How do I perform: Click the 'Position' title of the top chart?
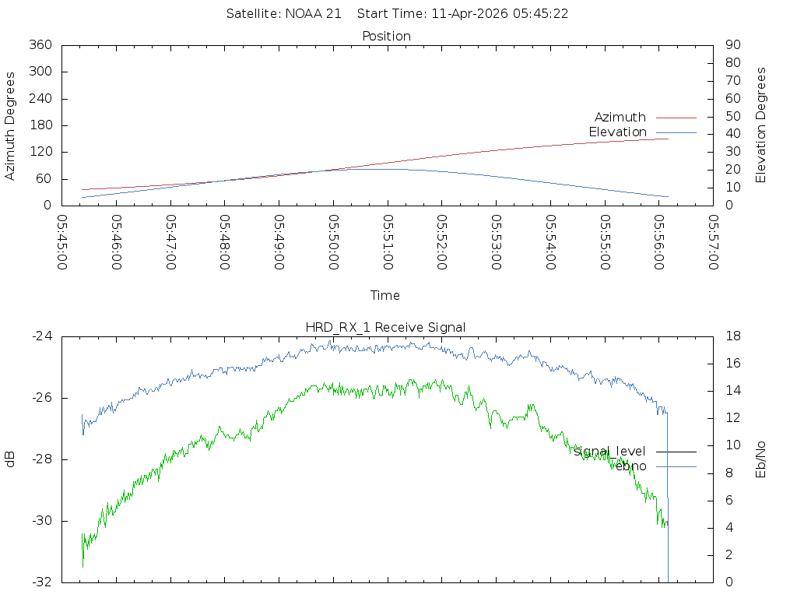pos(386,37)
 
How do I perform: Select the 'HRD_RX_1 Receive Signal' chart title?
pos(387,327)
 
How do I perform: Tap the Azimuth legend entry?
pos(620,118)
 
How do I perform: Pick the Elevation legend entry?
pos(617,132)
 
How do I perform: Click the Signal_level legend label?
pos(609,452)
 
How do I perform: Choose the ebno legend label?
pos(629,466)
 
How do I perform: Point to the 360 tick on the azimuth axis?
pos(40,45)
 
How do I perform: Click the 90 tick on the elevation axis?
pos(732,45)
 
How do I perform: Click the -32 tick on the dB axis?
pos(40,582)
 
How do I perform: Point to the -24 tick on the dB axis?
pos(40,336)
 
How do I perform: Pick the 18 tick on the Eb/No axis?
pos(732,336)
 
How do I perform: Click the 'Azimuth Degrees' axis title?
pos(11,126)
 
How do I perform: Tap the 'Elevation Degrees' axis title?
pos(761,125)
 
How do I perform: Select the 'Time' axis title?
pos(385,296)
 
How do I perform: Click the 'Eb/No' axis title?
pos(761,459)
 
